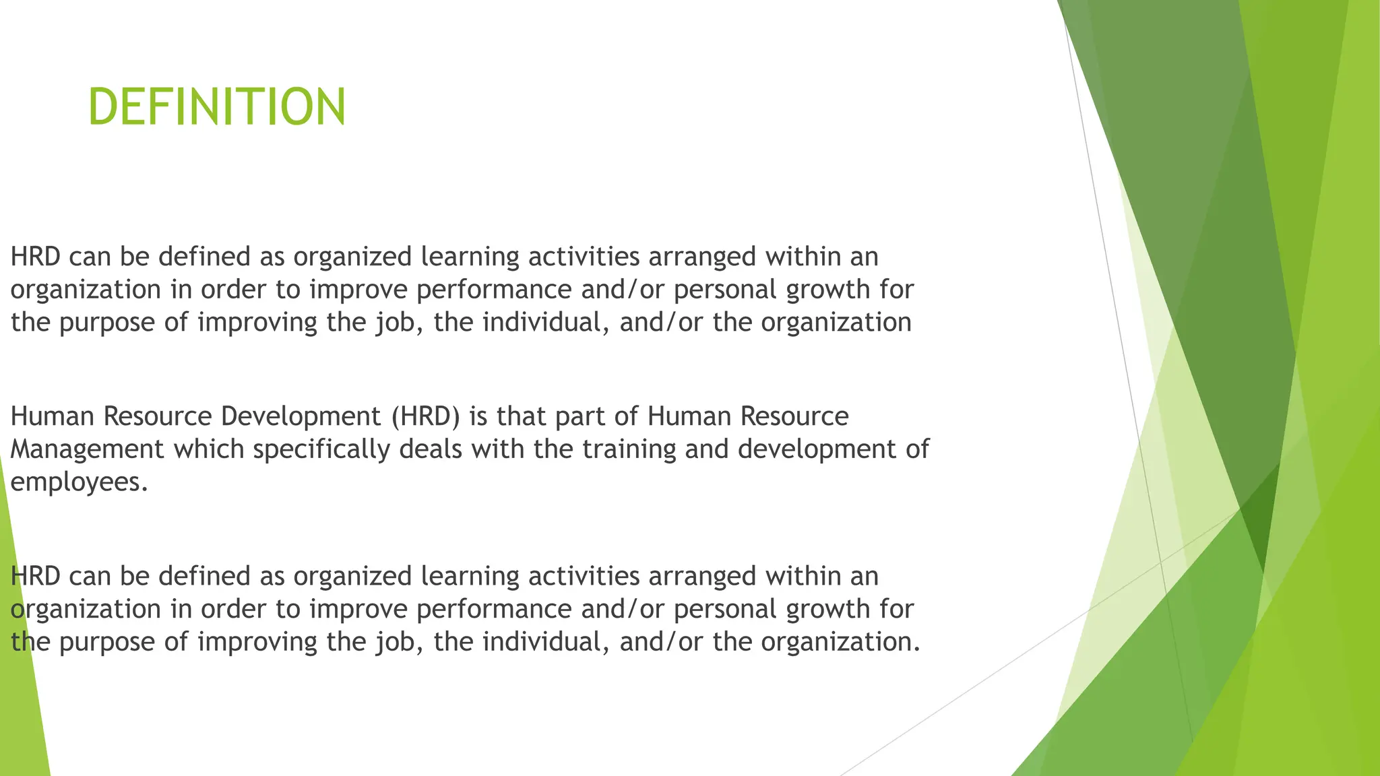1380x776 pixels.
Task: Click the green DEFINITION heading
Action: coord(217,107)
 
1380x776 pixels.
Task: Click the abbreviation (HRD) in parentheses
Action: coord(426,416)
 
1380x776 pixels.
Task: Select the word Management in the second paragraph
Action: coord(88,449)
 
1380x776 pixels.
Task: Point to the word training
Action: coord(629,449)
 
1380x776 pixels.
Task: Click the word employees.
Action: coord(78,482)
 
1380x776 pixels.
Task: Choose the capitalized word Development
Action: coord(301,416)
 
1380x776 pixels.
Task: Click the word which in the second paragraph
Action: coord(209,449)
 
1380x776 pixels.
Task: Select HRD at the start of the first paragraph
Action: coord(35,257)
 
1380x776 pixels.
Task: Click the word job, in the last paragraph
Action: coord(394,641)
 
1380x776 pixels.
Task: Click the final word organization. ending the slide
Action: coord(840,641)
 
